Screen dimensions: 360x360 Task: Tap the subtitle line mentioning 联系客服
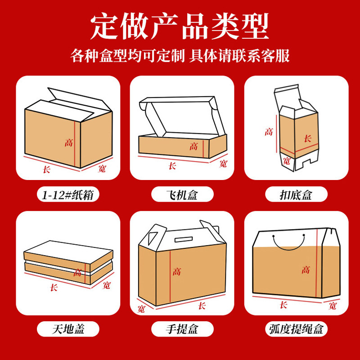tap(180, 56)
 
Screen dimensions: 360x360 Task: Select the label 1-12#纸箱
tap(68, 195)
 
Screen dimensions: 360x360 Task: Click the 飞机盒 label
tap(181, 195)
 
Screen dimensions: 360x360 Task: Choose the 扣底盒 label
tap(296, 195)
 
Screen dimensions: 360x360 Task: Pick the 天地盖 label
tap(68, 329)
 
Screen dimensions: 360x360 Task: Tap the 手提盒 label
tap(181, 329)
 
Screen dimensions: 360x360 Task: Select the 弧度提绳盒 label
tap(296, 329)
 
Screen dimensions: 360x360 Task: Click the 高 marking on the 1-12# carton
tap(68, 143)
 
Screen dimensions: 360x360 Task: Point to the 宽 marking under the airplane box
tap(223, 164)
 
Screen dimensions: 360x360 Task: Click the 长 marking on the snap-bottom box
tap(307, 139)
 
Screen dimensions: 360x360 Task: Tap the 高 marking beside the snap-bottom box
tap(269, 132)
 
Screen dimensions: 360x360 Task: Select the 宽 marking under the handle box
tap(141, 309)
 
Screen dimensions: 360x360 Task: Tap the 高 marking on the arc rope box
tap(306, 270)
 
